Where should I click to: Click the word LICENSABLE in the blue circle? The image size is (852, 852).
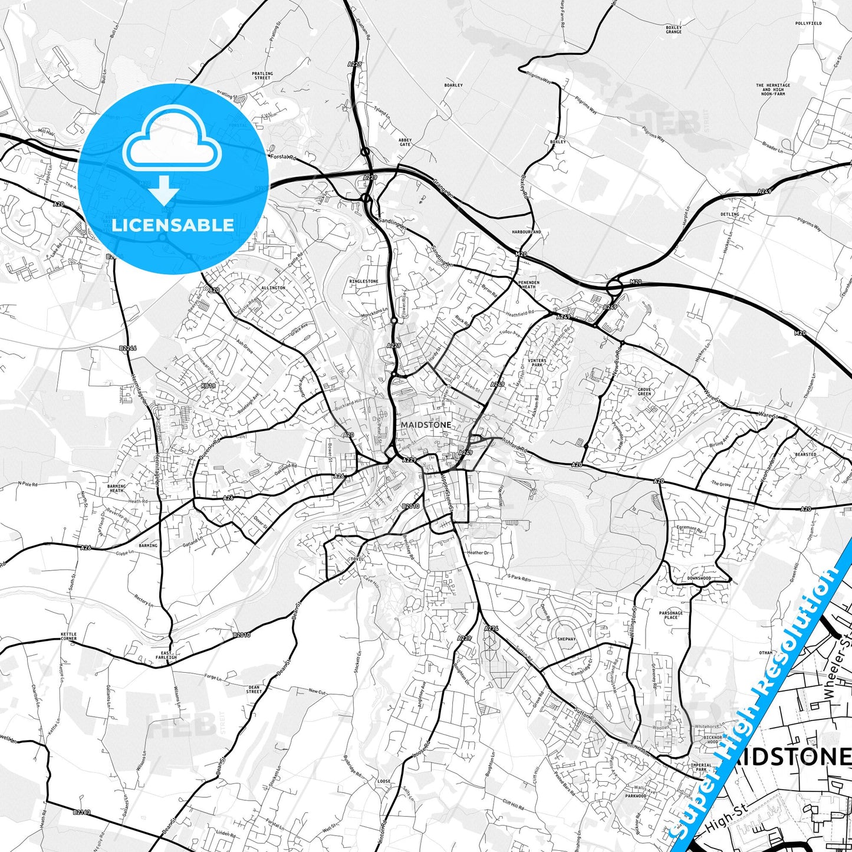[173, 225]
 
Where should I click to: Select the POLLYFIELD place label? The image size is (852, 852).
[808, 24]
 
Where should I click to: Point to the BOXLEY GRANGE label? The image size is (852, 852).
[673, 29]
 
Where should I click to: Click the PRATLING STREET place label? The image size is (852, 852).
[262, 76]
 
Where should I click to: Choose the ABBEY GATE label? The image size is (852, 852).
[405, 142]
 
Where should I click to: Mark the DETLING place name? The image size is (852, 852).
[729, 214]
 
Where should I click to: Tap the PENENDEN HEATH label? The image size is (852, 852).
[528, 285]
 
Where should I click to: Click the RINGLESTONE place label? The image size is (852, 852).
[364, 281]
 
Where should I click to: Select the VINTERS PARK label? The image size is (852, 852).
[537, 363]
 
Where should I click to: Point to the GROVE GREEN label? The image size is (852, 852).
[644, 392]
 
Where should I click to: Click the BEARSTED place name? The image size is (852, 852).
[805, 455]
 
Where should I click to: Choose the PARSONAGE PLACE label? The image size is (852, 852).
[671, 615]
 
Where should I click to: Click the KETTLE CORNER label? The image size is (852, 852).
[68, 637]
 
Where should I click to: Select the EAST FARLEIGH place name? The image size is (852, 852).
[166, 655]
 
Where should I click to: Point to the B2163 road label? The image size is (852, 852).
[82, 812]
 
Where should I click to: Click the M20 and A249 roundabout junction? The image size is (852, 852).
[614, 288]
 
